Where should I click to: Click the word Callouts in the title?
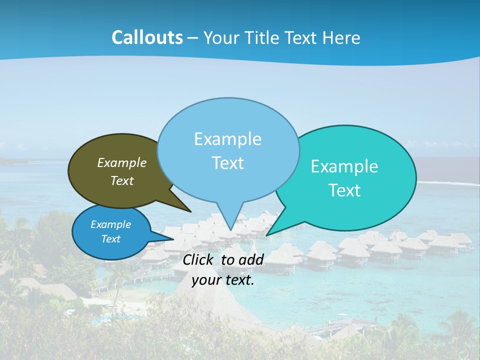pos(147,37)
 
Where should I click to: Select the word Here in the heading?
pos(342,37)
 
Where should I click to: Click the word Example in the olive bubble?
pos(122,162)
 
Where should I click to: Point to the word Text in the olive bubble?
pos(122,180)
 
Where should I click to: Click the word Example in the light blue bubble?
pos(227,139)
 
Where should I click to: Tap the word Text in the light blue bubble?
pos(227,163)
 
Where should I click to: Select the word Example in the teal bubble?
pos(344,166)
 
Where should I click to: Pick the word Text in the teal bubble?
pos(344,190)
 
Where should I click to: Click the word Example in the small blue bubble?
pos(111,224)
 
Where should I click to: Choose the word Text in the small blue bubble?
pos(111,239)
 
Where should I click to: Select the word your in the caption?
pos(205,280)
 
